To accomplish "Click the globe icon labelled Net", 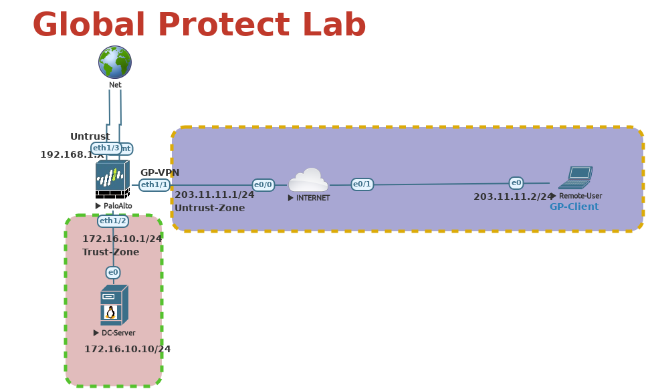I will (115, 62).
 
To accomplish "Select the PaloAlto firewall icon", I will (112, 180).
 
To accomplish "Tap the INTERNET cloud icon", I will (308, 180).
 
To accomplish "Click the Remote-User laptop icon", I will (575, 178).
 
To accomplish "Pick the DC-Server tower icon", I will (114, 305).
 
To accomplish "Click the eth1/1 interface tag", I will (154, 185).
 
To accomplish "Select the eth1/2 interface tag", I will (113, 221).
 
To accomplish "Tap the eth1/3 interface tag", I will (106, 148).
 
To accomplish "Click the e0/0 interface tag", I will (263, 185).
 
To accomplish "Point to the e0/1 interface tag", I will (362, 184).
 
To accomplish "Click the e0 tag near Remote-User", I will (516, 183).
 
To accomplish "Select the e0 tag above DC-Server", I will (113, 273).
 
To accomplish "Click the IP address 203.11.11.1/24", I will (215, 195).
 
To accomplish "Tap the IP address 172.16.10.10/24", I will (128, 350).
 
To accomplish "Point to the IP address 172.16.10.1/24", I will (122, 239).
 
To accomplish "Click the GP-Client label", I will (574, 207).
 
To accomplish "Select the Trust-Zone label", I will (111, 252).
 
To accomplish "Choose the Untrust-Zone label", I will (210, 209).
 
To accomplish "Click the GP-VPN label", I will (160, 173).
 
